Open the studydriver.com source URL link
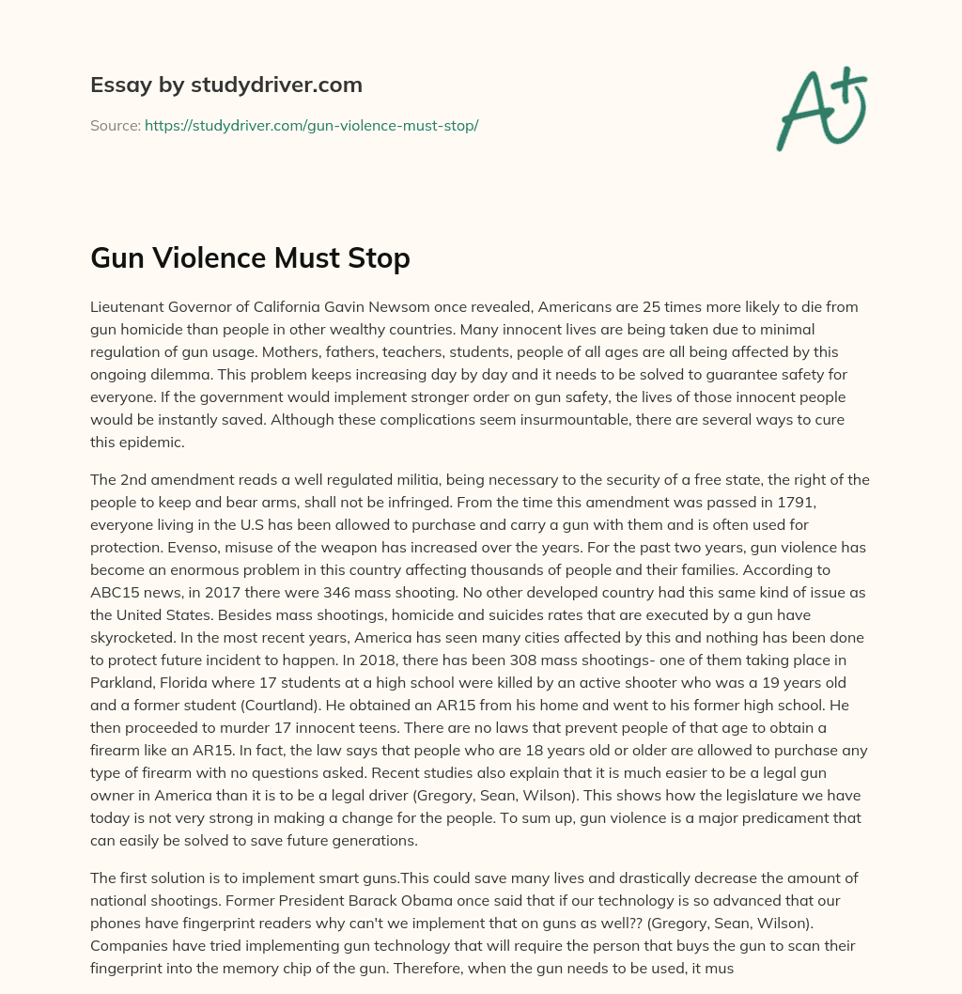click(x=311, y=125)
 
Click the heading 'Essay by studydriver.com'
click(x=225, y=85)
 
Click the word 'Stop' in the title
click(x=380, y=258)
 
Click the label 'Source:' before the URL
click(x=115, y=125)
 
